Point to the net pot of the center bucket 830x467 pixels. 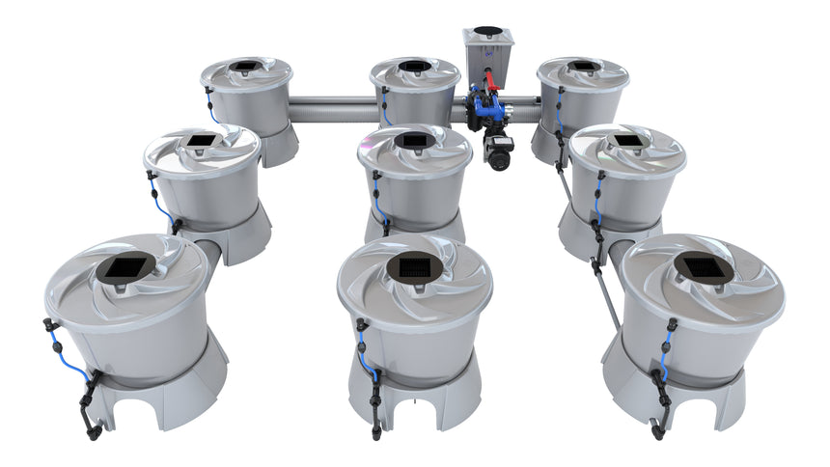pos(414,142)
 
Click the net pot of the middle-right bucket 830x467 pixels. pos(628,142)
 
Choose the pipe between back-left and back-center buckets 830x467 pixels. pos(330,109)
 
